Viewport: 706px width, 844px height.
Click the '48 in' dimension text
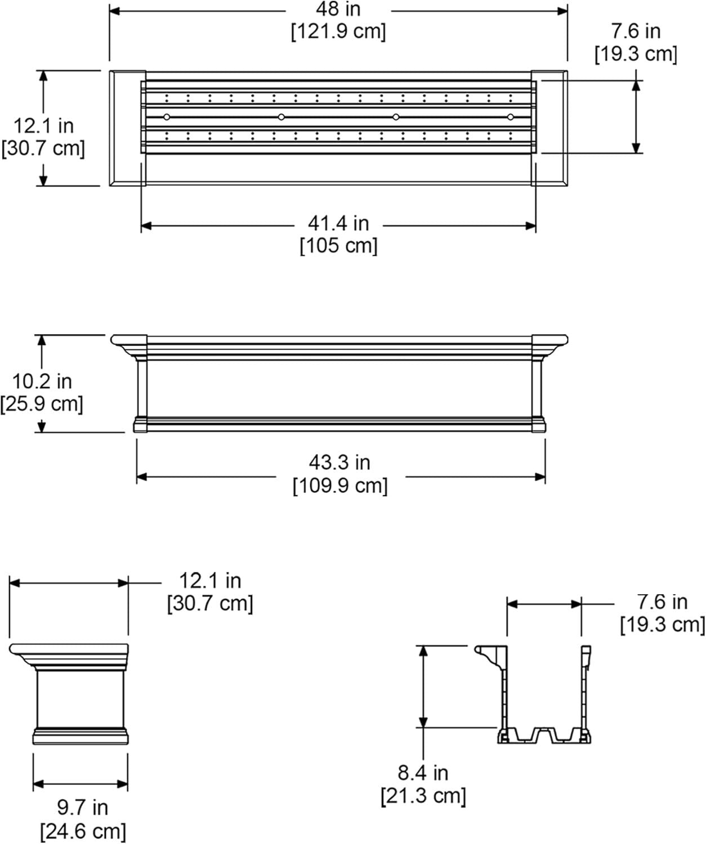coord(338,9)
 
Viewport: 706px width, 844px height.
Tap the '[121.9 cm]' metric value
coord(338,32)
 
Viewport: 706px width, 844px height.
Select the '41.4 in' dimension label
coord(338,223)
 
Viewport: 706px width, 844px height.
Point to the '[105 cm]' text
coord(338,246)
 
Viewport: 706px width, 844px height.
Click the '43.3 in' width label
coord(339,463)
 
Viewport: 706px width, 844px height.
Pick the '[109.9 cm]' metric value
coord(340,486)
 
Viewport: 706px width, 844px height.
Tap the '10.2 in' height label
coord(42,381)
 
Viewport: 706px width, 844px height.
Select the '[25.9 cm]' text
coord(42,404)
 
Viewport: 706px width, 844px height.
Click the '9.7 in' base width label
coord(82,808)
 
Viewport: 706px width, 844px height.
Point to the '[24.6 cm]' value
coord(83,831)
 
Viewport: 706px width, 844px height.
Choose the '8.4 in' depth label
coord(423,773)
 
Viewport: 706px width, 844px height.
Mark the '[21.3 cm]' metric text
coord(423,796)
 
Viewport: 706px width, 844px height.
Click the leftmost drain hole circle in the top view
coord(167,116)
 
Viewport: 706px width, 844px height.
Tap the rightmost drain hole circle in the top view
coord(511,117)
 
